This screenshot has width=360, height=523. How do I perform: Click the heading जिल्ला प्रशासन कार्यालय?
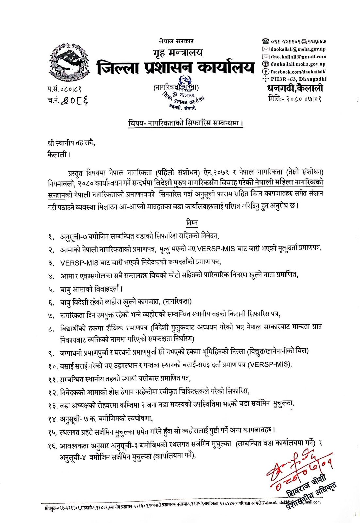(175, 68)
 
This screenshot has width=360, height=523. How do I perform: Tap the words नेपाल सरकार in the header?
(176, 41)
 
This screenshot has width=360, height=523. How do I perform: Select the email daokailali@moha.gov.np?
(298, 49)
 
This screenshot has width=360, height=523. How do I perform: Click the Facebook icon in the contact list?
(266, 72)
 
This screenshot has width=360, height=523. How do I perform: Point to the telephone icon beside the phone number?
(266, 42)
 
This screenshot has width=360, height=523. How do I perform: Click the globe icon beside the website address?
(266, 64)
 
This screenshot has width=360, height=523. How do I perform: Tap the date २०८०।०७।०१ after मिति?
(304, 98)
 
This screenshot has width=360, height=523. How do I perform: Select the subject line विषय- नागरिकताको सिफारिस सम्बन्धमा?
(186, 123)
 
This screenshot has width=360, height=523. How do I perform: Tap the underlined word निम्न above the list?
(192, 223)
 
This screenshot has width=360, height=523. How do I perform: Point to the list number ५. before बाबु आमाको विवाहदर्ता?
(51, 290)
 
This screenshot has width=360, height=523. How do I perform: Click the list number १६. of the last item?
(53, 446)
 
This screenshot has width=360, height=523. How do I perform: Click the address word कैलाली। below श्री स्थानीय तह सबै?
(59, 154)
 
